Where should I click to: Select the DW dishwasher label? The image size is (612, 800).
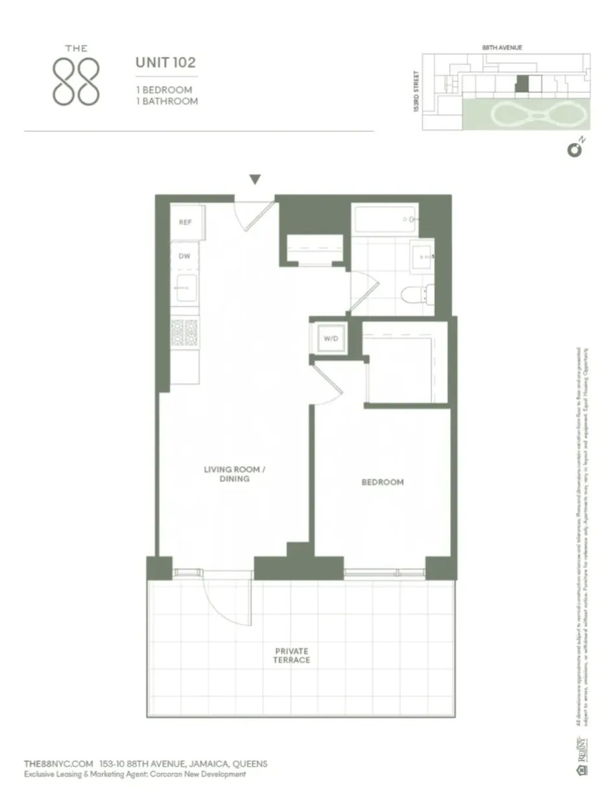pos(185,256)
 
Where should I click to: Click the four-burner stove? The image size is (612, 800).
pos(184,332)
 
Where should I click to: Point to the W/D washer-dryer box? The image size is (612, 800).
pos(329,338)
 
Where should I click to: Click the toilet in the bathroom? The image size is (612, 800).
pos(413,295)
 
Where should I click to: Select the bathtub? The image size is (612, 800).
pos(385,220)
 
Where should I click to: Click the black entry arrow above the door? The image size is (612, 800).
pos(255,180)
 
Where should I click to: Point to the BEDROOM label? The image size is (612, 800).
pos(382,482)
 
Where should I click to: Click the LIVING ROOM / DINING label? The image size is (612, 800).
pos(235,474)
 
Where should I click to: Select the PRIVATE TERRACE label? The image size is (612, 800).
pos(291,655)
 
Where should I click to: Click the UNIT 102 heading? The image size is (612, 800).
pos(165,64)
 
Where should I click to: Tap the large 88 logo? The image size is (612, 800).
pos(76,81)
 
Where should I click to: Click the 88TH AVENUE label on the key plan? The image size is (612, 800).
pos(502,47)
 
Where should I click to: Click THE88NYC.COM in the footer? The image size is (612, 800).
pos(58,764)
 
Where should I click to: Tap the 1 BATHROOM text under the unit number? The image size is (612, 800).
pos(167,101)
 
